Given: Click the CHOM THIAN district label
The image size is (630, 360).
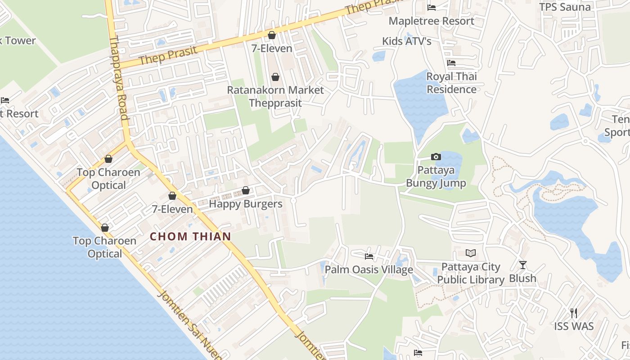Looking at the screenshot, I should tap(190, 236).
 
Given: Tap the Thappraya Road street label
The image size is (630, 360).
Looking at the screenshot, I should tap(119, 78).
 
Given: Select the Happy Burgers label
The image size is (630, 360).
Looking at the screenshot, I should tap(246, 204).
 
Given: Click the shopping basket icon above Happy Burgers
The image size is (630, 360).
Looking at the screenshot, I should tap(246, 191).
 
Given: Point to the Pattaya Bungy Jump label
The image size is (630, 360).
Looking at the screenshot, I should tap(436, 177).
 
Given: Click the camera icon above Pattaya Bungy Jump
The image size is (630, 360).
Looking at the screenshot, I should tap(436, 157).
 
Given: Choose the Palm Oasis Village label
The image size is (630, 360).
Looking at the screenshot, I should tap(369, 270).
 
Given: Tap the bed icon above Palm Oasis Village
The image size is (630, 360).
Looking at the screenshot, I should tap(369, 256).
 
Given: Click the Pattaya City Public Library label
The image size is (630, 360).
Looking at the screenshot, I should tap(471, 273).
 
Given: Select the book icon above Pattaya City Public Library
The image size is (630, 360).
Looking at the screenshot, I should tap(471, 253).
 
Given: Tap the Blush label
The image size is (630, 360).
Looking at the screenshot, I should tap(522, 278).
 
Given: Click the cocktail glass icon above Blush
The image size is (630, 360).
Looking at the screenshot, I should tap(522, 265).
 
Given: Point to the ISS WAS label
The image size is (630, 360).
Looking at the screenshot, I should tap(574, 326).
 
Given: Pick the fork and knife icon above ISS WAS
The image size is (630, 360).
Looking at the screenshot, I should tap(574, 313).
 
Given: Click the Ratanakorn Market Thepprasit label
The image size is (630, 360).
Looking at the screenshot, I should tap(275, 96).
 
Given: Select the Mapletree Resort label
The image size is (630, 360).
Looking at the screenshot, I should tap(431, 21).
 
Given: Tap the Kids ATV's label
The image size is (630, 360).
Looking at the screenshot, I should tap(407, 41).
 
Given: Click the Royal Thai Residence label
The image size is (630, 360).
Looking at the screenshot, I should tap(451, 83).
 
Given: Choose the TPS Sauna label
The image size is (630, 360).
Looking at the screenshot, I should tap(565, 7).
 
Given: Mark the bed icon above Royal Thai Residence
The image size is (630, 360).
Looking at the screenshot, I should tap(451, 63).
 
